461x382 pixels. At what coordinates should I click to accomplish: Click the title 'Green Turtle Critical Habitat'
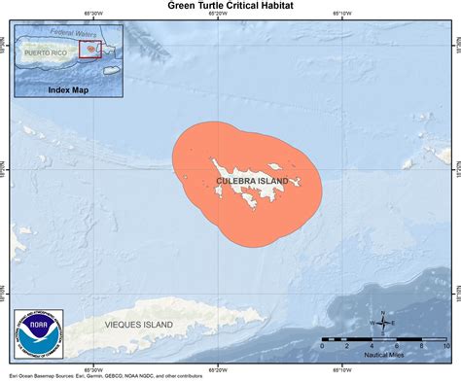pyautogui.click(x=230, y=6)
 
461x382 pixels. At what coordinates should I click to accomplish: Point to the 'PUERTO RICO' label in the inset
pyautogui.click(x=48, y=50)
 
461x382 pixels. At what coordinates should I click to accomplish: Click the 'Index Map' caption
pyautogui.click(x=67, y=89)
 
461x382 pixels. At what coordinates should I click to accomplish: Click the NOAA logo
pyautogui.click(x=38, y=335)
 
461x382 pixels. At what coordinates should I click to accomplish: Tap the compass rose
pyautogui.click(x=384, y=323)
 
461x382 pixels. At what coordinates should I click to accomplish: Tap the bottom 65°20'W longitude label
pyautogui.click(x=219, y=369)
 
